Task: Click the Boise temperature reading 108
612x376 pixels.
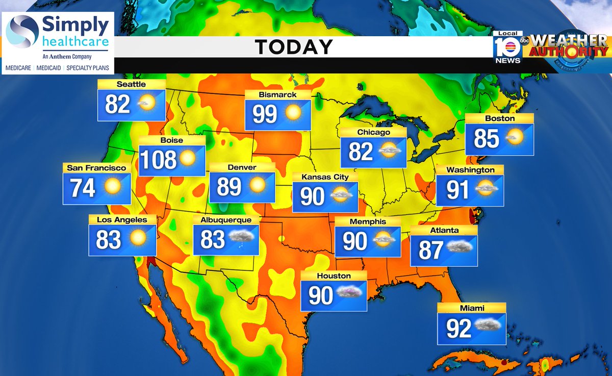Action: [x=158, y=160]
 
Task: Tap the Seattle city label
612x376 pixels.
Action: [x=131, y=84]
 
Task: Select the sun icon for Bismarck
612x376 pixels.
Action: [x=293, y=113]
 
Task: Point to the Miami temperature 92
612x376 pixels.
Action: [x=458, y=329]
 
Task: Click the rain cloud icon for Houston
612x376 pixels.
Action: [x=348, y=293]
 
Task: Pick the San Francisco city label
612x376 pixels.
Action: [x=96, y=167]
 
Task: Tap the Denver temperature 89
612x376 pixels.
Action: [x=229, y=187]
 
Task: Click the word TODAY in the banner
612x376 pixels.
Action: [x=294, y=47]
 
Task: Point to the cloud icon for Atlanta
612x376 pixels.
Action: [x=459, y=247]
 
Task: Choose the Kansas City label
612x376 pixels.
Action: [x=325, y=177]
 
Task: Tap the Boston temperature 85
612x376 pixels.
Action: [x=486, y=138]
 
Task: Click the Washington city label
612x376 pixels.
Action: [x=470, y=169]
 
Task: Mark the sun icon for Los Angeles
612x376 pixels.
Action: [x=138, y=238]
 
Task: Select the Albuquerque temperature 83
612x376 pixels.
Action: [x=213, y=239]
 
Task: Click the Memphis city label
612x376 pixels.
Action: [x=368, y=222]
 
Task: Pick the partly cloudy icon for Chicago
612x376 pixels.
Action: [x=388, y=150]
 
